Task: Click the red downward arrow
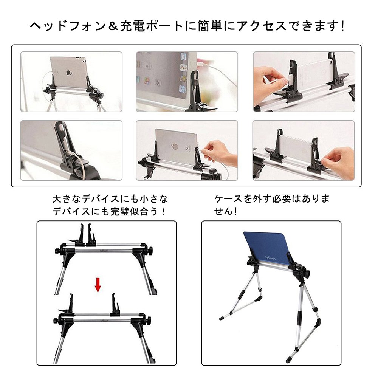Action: pos(98,285)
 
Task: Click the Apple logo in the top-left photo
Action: pos(68,73)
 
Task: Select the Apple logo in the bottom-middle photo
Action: pos(174,146)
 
